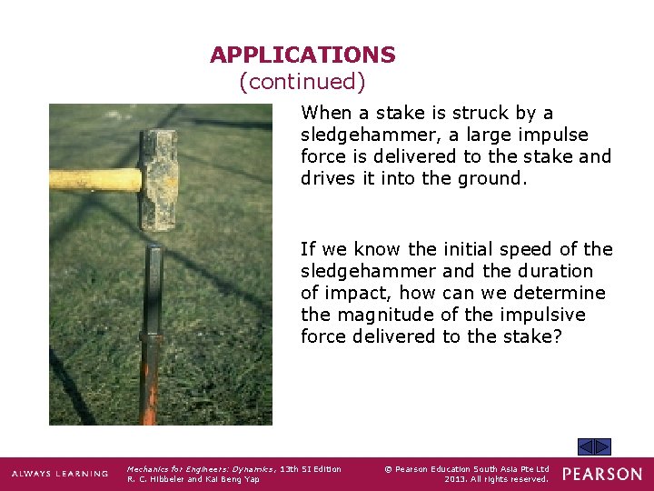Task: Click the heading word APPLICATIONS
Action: click(x=302, y=55)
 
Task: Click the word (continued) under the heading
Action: click(x=302, y=82)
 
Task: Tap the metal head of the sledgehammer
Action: click(x=159, y=178)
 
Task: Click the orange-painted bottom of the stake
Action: click(x=150, y=400)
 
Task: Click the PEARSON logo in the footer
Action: click(x=602, y=474)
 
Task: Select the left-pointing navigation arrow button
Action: click(x=586, y=446)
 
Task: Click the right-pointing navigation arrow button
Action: click(x=603, y=446)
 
